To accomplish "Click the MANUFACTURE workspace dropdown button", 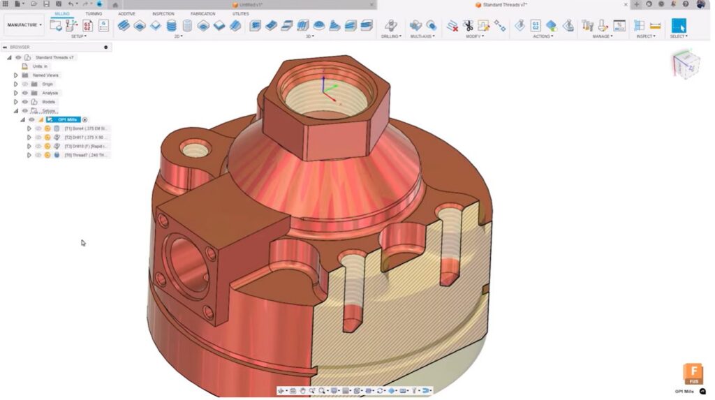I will (x=24, y=25).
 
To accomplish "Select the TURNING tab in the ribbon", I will (x=93, y=13).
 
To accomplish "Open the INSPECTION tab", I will (x=163, y=13).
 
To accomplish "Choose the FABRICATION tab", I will (x=202, y=13).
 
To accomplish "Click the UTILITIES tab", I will (x=240, y=13).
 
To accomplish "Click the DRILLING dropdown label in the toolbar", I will (x=391, y=36).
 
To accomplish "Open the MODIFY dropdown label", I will (x=475, y=36).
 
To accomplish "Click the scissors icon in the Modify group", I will (x=468, y=26).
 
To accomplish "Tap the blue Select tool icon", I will (x=678, y=26).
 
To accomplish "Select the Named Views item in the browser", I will (x=45, y=75).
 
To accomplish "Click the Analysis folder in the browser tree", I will (x=50, y=93).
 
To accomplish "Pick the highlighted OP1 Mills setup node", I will (x=67, y=119).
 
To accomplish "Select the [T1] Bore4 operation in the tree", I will (x=87, y=128).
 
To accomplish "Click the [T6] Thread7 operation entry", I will (x=87, y=155).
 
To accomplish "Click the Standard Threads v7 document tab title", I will (x=504, y=5).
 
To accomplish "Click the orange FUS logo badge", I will (x=693, y=373).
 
